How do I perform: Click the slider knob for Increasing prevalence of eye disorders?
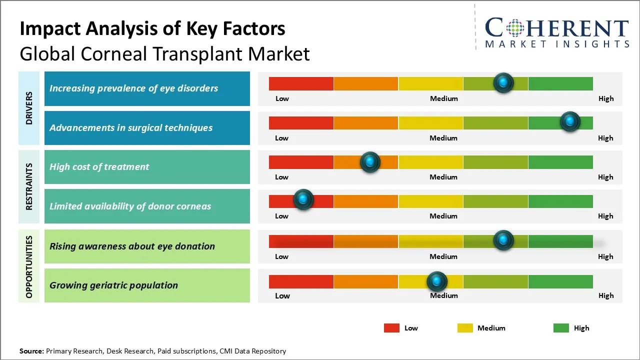click(x=503, y=82)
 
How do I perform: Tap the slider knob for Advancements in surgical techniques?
click(x=569, y=121)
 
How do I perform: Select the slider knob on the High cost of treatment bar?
click(x=370, y=162)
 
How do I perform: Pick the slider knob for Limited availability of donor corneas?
click(x=303, y=199)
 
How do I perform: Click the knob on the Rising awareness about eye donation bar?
click(x=503, y=240)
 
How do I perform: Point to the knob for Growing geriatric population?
click(x=437, y=281)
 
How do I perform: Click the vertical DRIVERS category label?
click(x=29, y=108)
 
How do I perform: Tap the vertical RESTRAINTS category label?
click(x=29, y=186)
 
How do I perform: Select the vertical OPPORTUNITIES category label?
click(x=29, y=266)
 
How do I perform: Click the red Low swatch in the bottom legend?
click(x=391, y=328)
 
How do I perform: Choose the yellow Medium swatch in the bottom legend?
click(x=465, y=328)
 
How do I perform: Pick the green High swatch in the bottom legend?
click(x=561, y=328)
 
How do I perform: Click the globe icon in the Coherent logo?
click(x=515, y=28)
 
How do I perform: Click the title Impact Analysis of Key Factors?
click(x=152, y=29)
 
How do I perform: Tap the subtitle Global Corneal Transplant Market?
click(x=164, y=54)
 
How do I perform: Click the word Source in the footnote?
click(x=31, y=351)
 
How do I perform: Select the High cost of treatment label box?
click(x=147, y=167)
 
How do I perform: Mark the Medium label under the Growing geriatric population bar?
click(x=444, y=295)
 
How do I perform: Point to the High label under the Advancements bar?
click(x=605, y=138)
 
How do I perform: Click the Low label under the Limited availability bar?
click(x=281, y=216)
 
